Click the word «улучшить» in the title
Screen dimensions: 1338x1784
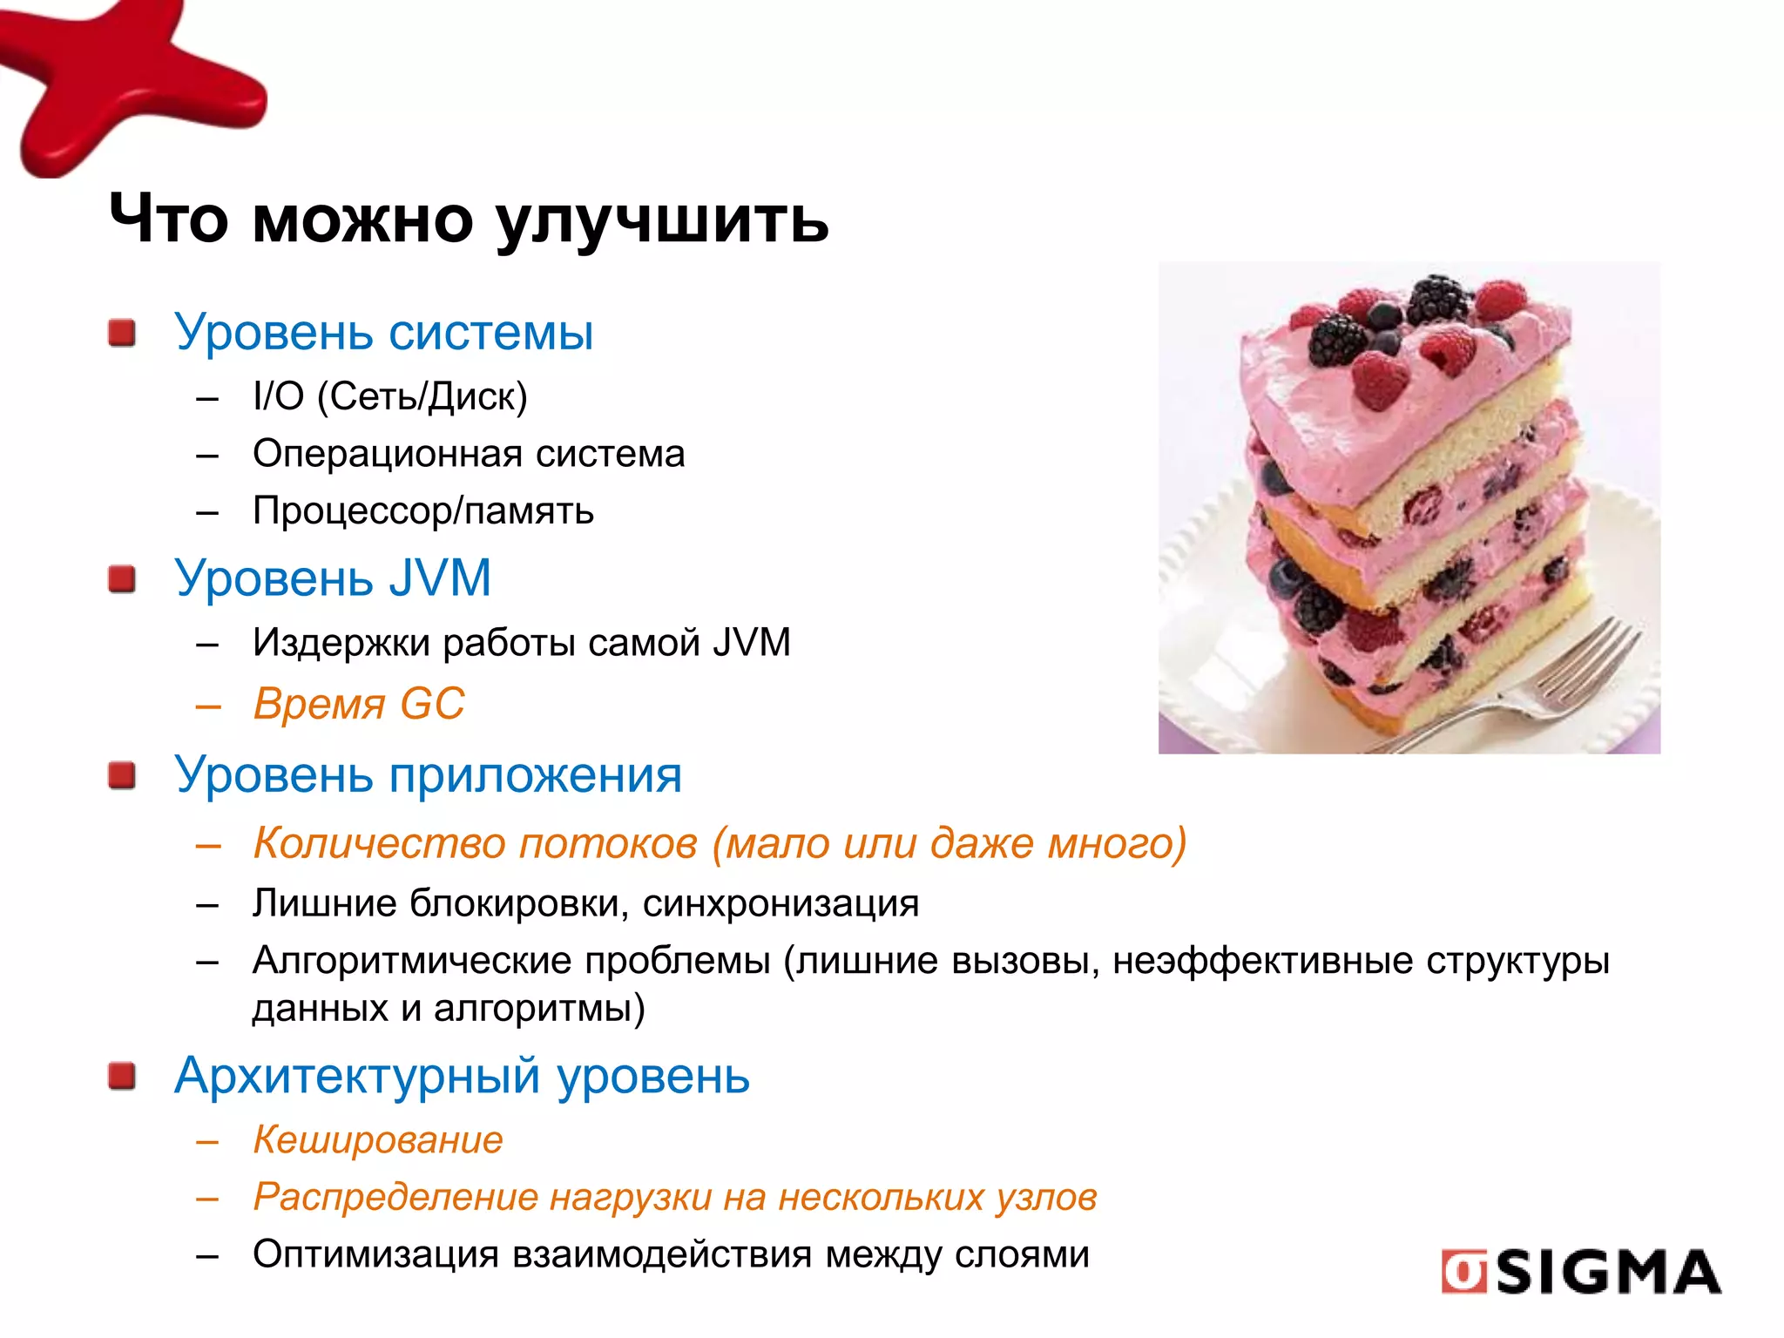[x=662, y=220]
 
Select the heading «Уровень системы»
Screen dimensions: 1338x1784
[x=383, y=332]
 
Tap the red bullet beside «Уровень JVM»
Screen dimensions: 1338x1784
[x=122, y=578]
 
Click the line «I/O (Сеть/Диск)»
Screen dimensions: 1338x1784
[x=390, y=396]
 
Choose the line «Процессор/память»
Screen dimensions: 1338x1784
[x=423, y=510]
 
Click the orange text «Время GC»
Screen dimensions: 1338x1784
[x=359, y=704]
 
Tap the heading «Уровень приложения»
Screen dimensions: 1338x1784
[x=428, y=774]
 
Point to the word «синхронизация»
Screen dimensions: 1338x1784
[x=780, y=904]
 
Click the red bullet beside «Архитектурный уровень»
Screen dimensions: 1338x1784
[x=122, y=1076]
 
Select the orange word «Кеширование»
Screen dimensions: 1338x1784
[x=378, y=1139]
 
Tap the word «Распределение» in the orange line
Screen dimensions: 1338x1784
[x=395, y=1198]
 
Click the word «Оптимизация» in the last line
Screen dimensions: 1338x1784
[x=375, y=1254]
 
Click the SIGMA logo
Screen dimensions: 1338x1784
[x=1580, y=1272]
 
